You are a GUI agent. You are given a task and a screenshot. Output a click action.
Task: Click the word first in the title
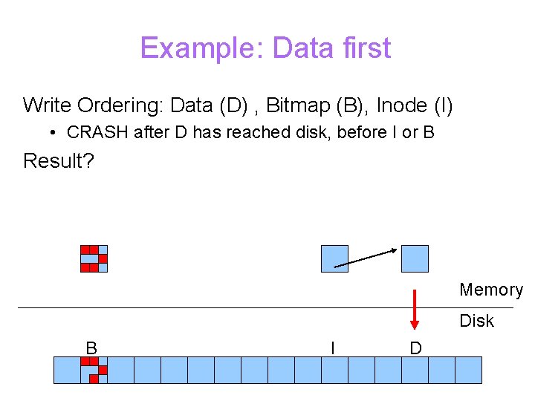tap(365, 48)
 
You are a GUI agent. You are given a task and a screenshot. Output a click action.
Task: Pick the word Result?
tap(59, 160)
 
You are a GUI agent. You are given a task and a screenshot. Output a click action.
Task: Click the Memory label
tap(490, 290)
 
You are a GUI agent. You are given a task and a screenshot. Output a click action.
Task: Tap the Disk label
tap(476, 321)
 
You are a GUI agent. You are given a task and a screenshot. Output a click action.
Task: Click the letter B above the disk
tap(91, 348)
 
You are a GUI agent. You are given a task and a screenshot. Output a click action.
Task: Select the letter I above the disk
tap(332, 348)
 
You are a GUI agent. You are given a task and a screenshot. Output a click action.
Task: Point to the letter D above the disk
tap(415, 348)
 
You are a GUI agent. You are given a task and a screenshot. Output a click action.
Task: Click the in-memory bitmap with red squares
tap(94, 258)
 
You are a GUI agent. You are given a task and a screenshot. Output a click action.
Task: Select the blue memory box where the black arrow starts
tap(334, 258)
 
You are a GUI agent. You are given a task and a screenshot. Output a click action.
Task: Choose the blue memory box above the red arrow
tap(415, 258)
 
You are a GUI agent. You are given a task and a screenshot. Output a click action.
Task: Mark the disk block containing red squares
tap(94, 370)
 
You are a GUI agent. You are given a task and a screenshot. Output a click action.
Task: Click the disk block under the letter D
tap(415, 370)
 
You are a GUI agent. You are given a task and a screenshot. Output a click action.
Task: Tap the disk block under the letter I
tap(334, 370)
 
